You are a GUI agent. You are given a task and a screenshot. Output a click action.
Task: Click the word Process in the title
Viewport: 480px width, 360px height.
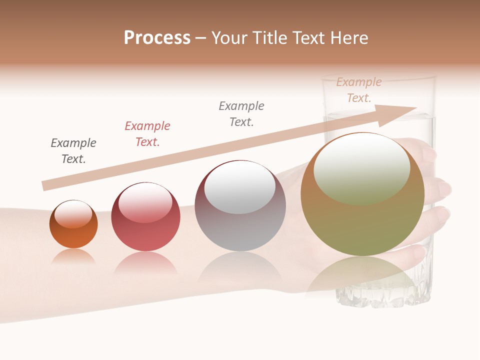[x=157, y=38]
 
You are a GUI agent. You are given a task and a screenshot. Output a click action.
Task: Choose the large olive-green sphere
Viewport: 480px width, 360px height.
[x=362, y=220]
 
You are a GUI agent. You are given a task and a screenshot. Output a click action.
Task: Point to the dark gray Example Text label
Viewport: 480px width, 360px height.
[x=73, y=151]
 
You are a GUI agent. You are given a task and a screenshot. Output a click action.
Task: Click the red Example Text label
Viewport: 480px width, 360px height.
[x=147, y=134]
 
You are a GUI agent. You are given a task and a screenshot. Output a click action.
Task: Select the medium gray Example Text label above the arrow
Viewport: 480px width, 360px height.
[x=241, y=114]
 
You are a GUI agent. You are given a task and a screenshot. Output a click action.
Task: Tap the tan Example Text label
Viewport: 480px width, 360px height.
[x=359, y=90]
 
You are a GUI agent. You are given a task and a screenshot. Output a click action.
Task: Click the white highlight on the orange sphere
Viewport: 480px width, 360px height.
[x=73, y=214]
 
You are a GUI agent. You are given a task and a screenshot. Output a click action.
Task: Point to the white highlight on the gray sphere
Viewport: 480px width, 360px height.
[x=240, y=187]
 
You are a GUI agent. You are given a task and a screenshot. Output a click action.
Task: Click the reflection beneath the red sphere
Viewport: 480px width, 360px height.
[x=145, y=262]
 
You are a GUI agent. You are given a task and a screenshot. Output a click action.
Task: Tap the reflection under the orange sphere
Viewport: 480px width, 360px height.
[x=73, y=256]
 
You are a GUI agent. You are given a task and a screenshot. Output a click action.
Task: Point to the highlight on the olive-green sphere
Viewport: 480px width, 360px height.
[x=362, y=168]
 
